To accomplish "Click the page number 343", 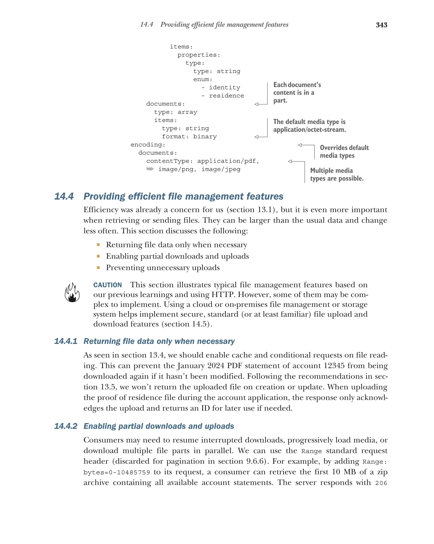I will point(381,25).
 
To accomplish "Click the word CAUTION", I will point(107,285).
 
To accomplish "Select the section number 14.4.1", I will point(66,341).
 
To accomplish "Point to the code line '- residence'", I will point(223,96).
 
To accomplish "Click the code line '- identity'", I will point(221,87).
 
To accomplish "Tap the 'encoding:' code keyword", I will point(148,145).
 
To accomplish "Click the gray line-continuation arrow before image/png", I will point(150,169).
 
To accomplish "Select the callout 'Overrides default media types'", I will point(344,151).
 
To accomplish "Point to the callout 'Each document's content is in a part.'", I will point(297,92).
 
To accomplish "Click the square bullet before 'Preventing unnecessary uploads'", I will point(98,267).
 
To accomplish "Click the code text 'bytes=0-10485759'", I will point(117,472).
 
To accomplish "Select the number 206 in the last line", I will point(381,483).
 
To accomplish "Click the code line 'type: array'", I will point(175,112).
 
